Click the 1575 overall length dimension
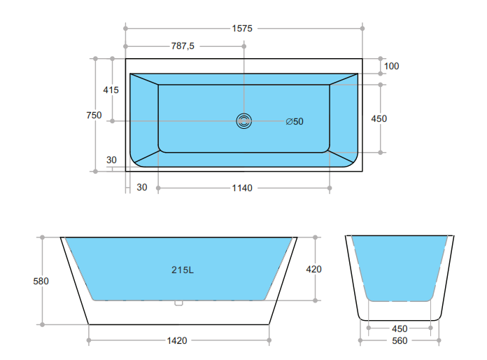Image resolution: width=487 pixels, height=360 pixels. click(x=242, y=29)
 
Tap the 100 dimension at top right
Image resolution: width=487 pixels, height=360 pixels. click(x=391, y=66)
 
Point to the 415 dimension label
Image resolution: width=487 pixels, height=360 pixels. click(x=111, y=90)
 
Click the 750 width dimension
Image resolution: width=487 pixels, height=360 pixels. click(x=94, y=115)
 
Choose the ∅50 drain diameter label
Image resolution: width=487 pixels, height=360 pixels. click(x=295, y=121)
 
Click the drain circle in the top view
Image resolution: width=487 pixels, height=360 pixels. click(x=243, y=121)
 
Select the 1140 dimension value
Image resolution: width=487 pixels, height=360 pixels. click(x=242, y=188)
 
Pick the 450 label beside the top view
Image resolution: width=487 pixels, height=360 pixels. click(x=379, y=118)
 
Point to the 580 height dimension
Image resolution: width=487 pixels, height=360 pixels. click(x=41, y=281)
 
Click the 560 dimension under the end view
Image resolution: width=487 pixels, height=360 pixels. click(x=400, y=341)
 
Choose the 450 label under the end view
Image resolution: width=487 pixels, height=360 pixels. click(x=400, y=328)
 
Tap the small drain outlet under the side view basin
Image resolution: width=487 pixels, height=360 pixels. click(x=178, y=303)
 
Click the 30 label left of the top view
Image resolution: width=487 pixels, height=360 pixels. click(x=111, y=160)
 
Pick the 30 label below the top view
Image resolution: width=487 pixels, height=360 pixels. click(x=141, y=187)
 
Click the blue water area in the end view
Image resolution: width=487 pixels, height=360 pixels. click(x=399, y=266)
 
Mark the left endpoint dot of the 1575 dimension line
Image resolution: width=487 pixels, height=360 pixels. click(x=126, y=29)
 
